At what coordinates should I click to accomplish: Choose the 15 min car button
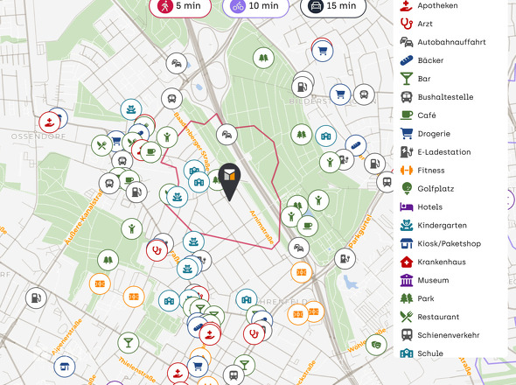333,6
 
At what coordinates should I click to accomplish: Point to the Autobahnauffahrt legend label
451,42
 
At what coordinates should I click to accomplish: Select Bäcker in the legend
431,60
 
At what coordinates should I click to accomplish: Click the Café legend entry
428,115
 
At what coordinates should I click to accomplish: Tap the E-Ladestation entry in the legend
443,152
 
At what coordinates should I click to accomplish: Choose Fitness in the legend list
430,171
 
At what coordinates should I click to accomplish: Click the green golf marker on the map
375,344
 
